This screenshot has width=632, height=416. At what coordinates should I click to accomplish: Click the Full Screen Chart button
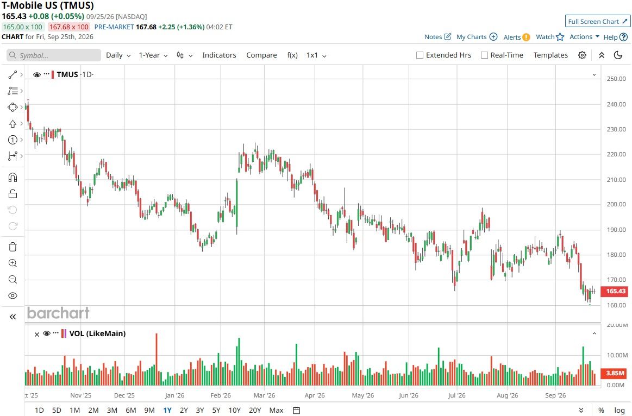(x=598, y=21)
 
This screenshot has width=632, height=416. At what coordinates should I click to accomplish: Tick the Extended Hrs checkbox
(x=420, y=55)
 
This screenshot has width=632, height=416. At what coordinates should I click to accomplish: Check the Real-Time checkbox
(x=485, y=55)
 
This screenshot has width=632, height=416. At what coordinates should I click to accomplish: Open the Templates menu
(x=550, y=55)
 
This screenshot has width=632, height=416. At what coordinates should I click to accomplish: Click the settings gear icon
(x=582, y=55)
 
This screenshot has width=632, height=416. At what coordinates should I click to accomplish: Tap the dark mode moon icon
(x=618, y=55)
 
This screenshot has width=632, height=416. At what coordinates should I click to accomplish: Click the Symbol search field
(x=54, y=55)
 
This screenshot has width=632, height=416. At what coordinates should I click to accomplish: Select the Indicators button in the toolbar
(x=219, y=55)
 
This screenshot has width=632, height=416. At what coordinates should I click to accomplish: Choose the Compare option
(x=261, y=55)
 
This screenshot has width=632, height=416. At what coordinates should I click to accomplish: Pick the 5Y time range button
(x=216, y=410)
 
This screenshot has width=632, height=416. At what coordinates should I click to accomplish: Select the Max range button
(x=276, y=410)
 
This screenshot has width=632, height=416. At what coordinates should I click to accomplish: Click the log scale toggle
(x=620, y=410)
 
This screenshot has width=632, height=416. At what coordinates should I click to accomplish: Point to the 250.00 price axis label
(x=616, y=79)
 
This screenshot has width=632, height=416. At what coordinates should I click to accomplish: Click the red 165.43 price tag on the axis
(x=614, y=291)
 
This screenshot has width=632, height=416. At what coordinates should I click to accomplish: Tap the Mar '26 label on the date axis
(x=264, y=395)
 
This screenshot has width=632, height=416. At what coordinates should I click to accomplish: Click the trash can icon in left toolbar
(x=12, y=247)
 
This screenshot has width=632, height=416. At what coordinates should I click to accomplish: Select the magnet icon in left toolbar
(x=12, y=178)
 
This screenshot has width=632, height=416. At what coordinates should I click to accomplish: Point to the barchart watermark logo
(x=59, y=313)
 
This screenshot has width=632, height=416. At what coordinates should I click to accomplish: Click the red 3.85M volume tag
(x=614, y=373)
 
